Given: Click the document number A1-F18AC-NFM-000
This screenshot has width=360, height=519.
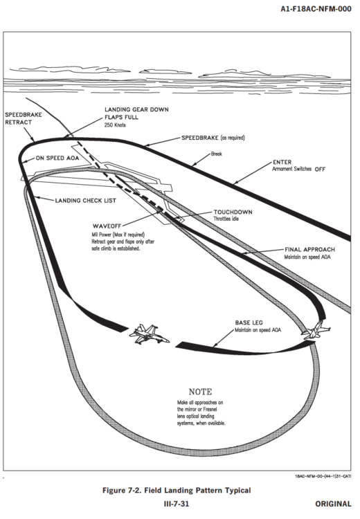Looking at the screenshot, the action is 316,9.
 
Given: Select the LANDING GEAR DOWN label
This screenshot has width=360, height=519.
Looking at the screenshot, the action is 136,109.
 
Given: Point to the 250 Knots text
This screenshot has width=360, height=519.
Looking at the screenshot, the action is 115,125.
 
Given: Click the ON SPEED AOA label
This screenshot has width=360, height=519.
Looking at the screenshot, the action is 57,158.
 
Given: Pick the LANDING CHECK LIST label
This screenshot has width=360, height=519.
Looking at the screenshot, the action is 85,201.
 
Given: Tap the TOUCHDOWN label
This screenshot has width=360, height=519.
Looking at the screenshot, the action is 233,212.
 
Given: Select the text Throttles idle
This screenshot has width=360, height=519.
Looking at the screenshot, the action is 226,219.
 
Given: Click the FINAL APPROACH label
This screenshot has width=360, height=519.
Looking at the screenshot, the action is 309,250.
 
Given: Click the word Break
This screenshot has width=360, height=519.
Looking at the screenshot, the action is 217,154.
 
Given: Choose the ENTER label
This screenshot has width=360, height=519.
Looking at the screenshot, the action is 282,162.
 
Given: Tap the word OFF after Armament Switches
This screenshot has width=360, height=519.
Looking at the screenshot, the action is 320,170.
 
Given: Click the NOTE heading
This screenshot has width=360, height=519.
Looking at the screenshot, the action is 200,392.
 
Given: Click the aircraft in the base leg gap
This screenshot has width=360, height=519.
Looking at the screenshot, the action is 149,334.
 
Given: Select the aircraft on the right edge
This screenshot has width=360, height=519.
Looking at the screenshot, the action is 316,329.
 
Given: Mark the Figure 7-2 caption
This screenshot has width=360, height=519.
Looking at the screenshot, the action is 177,490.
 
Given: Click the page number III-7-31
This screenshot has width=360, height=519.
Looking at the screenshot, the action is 177,504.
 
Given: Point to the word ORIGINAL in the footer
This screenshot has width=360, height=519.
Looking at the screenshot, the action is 333,504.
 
